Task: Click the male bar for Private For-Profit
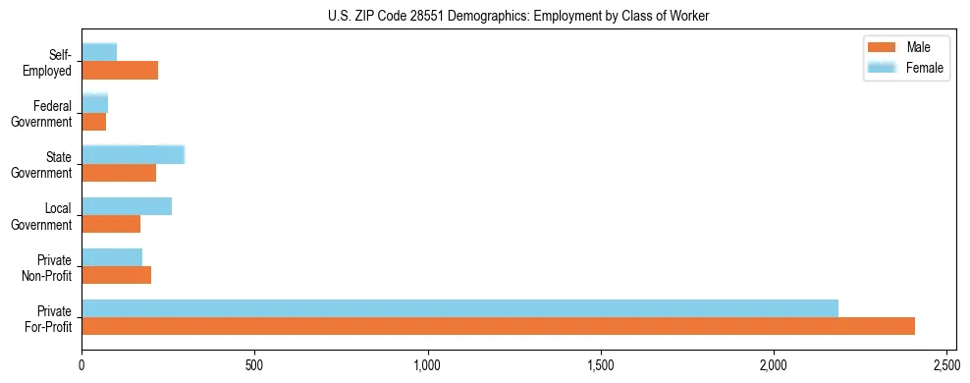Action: (498, 326)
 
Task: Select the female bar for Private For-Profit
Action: (459, 308)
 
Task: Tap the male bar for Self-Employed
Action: (120, 71)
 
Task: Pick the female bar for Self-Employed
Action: (99, 52)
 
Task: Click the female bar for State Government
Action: (133, 154)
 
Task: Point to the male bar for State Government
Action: (119, 173)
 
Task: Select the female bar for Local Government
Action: (127, 206)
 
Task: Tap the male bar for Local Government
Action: (111, 224)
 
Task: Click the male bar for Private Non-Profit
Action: (117, 276)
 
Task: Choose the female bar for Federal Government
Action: (94, 103)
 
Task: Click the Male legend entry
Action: (905, 47)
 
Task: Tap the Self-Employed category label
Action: (49, 62)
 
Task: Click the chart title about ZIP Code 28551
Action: (516, 17)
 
